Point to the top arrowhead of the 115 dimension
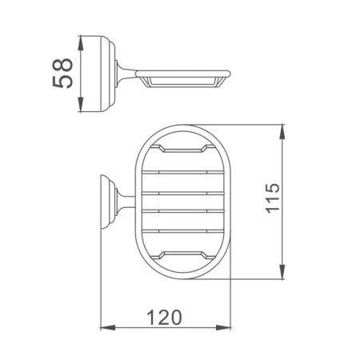(x=283, y=128)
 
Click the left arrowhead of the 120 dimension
(x=102, y=327)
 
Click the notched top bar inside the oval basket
(x=185, y=150)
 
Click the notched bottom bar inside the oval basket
(x=185, y=254)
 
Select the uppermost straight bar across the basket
(x=185, y=171)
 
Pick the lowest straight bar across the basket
(x=185, y=233)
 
